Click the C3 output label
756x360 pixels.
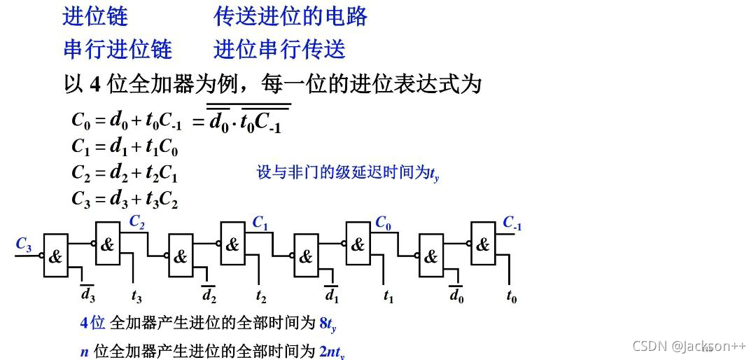(x=24, y=244)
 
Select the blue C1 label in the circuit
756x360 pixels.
(x=260, y=223)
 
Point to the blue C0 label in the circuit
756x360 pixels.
(x=383, y=223)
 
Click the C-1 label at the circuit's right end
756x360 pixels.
(x=512, y=224)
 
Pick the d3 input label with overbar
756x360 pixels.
(x=87, y=294)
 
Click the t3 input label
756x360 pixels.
(x=136, y=296)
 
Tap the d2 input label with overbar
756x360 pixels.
(x=209, y=294)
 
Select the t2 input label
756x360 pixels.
(x=261, y=296)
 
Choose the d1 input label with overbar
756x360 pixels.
(x=332, y=294)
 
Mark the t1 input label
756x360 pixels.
(x=388, y=296)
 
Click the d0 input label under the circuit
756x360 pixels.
(x=456, y=294)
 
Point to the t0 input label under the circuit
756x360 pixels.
(x=512, y=296)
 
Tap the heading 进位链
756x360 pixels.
(x=95, y=16)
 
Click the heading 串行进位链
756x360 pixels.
(x=117, y=49)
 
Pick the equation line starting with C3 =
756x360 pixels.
(x=125, y=200)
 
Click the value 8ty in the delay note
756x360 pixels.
(x=328, y=324)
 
